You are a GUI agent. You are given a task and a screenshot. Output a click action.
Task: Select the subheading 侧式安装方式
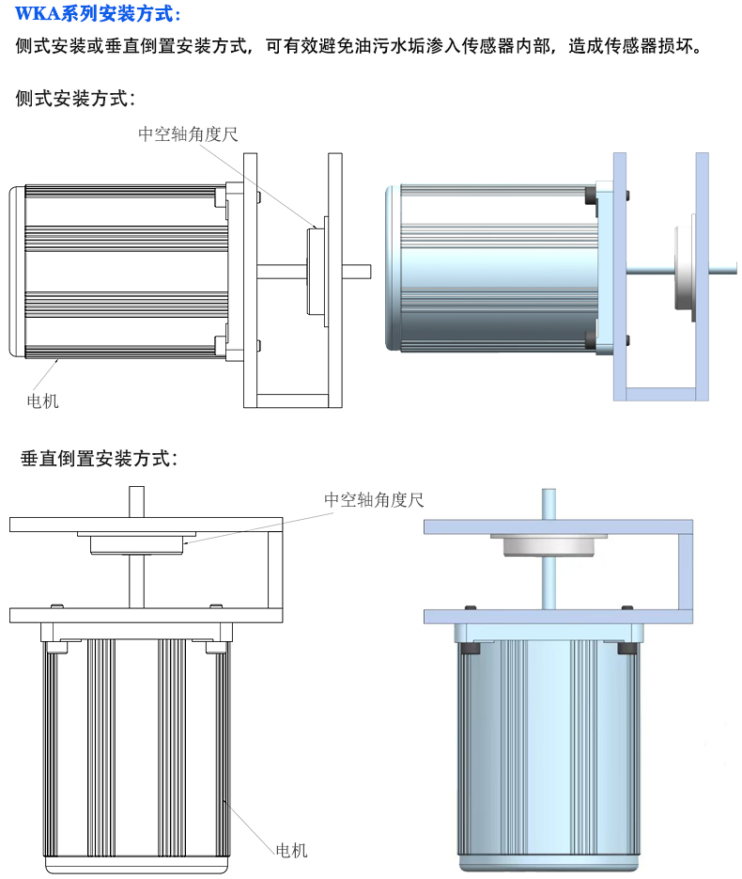[76, 98]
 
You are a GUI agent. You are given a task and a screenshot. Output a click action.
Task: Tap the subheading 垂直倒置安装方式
[99, 459]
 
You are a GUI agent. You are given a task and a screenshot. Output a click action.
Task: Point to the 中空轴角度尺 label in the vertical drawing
[374, 499]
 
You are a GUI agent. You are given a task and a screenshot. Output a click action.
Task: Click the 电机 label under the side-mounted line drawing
[43, 401]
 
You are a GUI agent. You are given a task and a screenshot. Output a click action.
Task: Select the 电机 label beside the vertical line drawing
[291, 850]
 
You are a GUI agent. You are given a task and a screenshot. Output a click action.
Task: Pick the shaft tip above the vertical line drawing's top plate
[136, 499]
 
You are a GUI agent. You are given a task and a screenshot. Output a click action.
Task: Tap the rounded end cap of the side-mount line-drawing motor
[17, 272]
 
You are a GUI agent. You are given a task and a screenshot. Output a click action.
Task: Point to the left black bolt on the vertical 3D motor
[471, 647]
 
